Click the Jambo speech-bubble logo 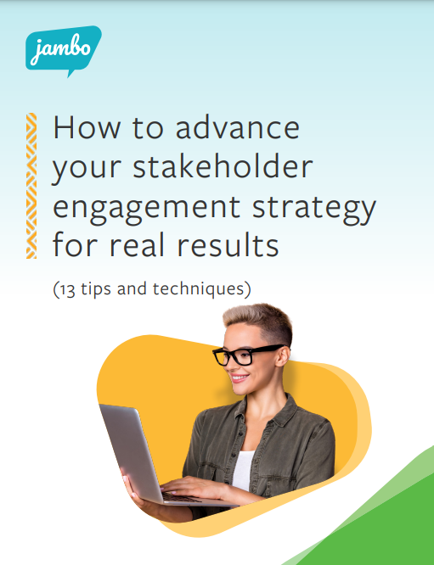63,52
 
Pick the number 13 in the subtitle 69,288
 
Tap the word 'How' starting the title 78,129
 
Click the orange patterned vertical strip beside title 31,186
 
